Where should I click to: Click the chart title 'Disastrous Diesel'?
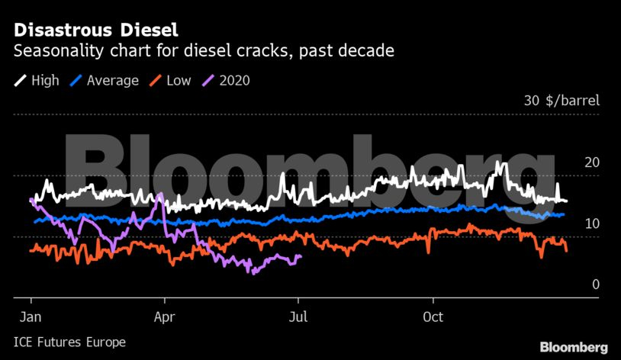(95, 31)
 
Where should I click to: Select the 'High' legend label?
(45, 80)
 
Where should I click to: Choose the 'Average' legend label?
(113, 80)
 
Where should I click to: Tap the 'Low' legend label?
(179, 80)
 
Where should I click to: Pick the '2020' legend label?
(235, 80)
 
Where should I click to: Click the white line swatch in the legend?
(20, 80)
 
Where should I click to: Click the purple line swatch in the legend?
(210, 80)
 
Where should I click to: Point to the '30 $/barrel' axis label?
(561, 101)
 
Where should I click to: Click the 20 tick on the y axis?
(592, 162)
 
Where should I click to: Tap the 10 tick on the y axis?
(592, 223)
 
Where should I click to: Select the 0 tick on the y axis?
(596, 284)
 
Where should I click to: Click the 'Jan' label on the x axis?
(31, 317)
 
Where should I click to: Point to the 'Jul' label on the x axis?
(298, 317)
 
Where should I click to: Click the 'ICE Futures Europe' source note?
(69, 342)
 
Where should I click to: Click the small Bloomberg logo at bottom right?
(574, 347)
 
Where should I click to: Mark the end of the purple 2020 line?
(301, 256)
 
